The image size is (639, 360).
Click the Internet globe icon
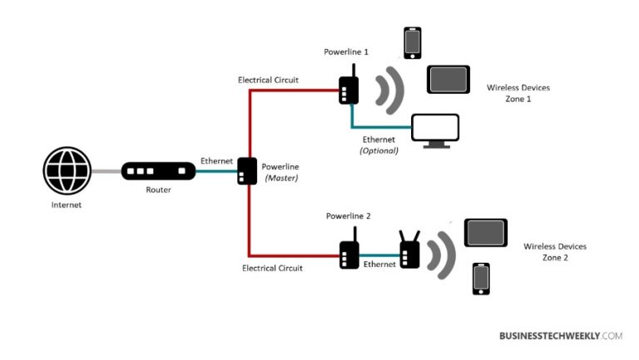pyautogui.click(x=66, y=172)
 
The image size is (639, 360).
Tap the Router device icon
pyautogui.click(x=158, y=172)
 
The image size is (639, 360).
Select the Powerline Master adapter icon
pyautogui.click(x=247, y=171)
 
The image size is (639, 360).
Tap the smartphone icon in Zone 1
pyautogui.click(x=412, y=43)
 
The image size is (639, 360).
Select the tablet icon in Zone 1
pyautogui.click(x=448, y=80)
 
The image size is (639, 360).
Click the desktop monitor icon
pyautogui.click(x=436, y=131)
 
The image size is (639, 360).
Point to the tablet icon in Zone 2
pyautogui.click(x=485, y=233)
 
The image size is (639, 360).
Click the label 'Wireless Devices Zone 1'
pyautogui.click(x=518, y=93)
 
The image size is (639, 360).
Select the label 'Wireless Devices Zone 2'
pyautogui.click(x=555, y=252)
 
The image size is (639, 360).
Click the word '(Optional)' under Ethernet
pyautogui.click(x=379, y=150)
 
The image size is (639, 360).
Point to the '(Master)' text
pyautogui.click(x=280, y=178)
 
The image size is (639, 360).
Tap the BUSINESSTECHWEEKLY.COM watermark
pyautogui.click(x=560, y=336)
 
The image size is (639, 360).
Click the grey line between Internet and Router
pyautogui.click(x=105, y=172)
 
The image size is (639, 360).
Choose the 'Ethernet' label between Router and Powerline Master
pyautogui.click(x=216, y=160)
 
